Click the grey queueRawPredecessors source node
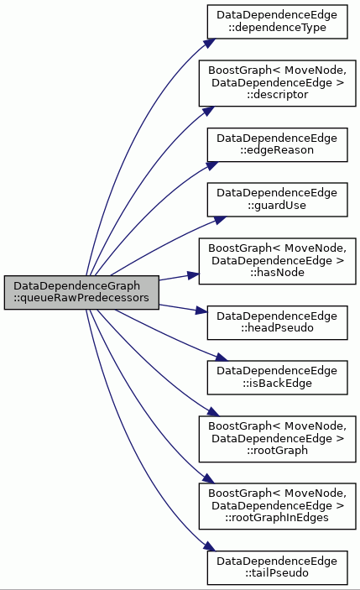81,292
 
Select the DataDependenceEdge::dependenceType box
277,22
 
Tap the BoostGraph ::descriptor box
277,83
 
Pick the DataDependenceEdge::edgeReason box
277,145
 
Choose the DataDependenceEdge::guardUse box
277,200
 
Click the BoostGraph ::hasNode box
277,261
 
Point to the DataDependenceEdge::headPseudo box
277,322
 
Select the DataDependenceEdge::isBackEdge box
277,378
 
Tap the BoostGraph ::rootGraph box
277,439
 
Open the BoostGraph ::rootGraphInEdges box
277,506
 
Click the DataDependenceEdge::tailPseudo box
277,567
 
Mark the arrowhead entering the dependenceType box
209,43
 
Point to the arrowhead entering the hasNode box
193,275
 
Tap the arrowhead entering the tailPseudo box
209,546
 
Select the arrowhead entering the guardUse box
221,219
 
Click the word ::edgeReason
277,150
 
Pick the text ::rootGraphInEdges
277,518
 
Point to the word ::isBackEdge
277,383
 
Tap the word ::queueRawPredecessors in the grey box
81,298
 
